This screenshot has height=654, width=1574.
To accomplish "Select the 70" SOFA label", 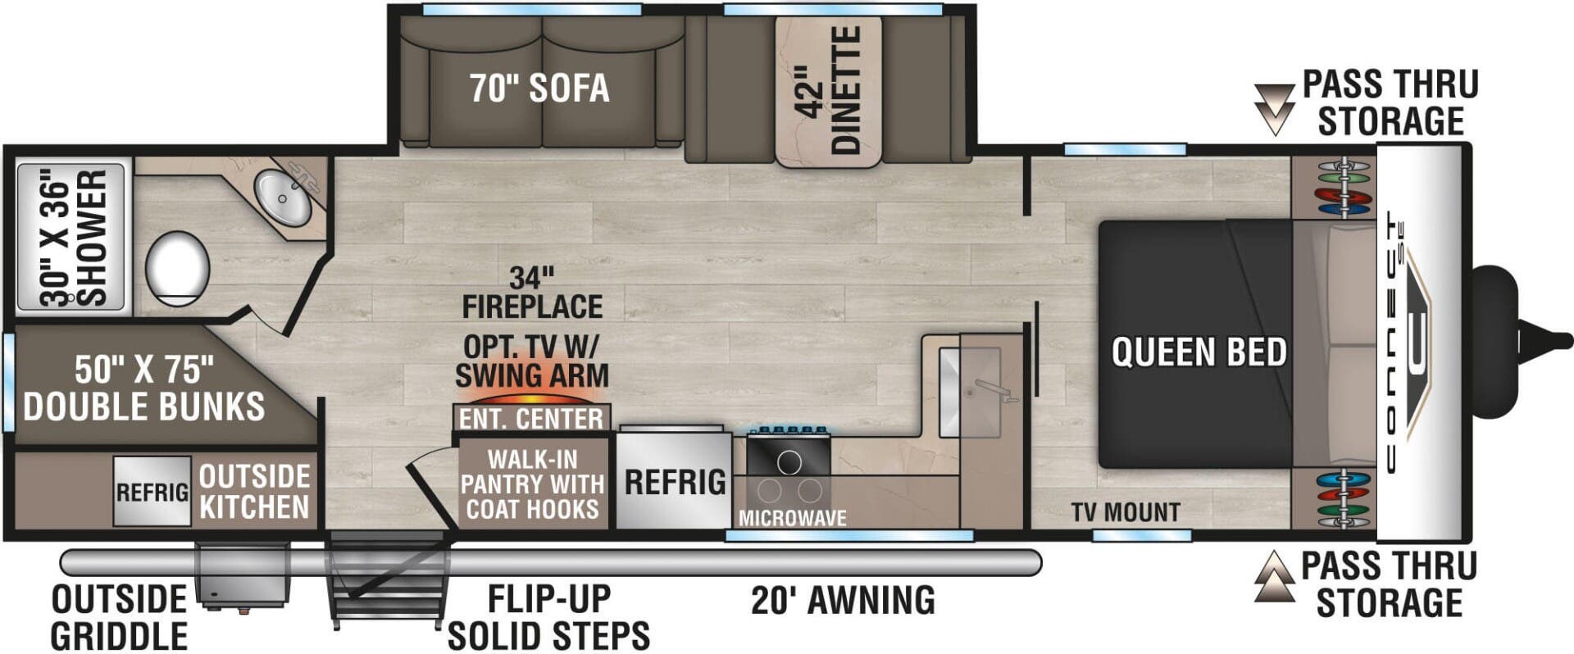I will tap(539, 89).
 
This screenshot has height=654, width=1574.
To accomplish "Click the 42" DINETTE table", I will tap(828, 90).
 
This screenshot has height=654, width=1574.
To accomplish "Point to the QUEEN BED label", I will tap(1199, 352).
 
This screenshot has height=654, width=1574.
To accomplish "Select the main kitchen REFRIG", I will tap(674, 481).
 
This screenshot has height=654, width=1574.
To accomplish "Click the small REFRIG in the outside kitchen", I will tap(152, 492).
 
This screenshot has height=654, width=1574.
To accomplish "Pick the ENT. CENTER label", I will tap(531, 419).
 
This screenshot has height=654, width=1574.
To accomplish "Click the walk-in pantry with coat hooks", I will tap(533, 484).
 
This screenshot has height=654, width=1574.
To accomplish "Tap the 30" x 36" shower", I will tap(71, 238).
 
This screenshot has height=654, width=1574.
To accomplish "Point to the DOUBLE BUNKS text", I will tap(143, 406).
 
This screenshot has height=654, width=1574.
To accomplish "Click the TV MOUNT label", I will tap(1126, 512).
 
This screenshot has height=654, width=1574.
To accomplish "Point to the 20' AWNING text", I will tap(843, 600).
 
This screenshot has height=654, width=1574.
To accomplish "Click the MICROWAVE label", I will tap(792, 518).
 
